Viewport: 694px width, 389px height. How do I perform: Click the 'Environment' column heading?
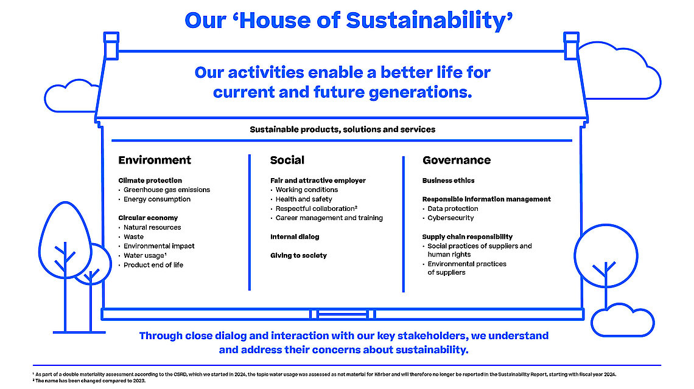(x=155, y=160)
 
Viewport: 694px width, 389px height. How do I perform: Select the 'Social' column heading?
(x=287, y=160)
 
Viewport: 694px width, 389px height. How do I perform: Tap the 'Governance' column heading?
(x=457, y=160)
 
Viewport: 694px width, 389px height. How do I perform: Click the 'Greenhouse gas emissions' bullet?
(x=166, y=190)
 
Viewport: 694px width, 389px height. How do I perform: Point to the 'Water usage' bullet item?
(x=145, y=255)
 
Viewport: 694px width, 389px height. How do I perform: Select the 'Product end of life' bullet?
(x=153, y=265)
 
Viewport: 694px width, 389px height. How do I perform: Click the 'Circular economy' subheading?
(x=148, y=218)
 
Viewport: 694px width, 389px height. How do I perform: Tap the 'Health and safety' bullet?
(x=304, y=199)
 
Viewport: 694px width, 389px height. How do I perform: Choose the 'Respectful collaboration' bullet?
(x=316, y=208)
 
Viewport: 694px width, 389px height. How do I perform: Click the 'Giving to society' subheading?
(x=298, y=255)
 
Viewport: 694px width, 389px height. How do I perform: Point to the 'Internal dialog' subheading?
(x=295, y=236)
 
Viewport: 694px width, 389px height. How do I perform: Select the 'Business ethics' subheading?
(x=448, y=181)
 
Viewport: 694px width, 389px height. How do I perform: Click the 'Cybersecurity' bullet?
(x=450, y=218)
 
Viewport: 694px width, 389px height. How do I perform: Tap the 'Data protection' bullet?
(x=453, y=208)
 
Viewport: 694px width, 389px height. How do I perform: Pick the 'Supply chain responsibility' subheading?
(x=468, y=236)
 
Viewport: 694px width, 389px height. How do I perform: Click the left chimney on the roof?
(x=111, y=46)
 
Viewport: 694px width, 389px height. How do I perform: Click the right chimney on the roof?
(x=572, y=46)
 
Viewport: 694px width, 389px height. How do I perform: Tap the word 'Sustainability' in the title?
(x=429, y=20)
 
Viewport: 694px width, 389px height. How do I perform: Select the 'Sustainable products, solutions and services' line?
(x=343, y=129)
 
